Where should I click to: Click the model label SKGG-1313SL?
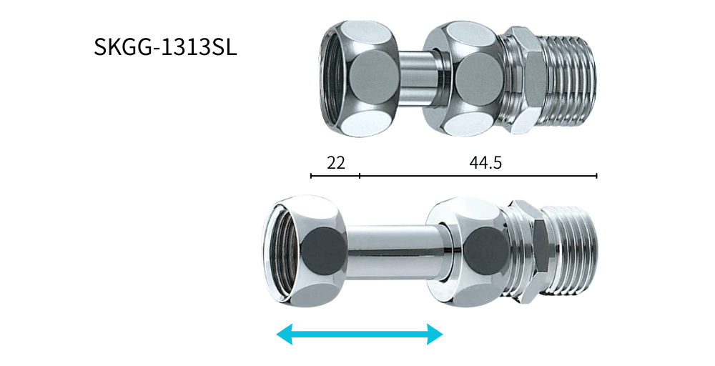pos(166,47)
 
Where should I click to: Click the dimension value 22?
pos(335,163)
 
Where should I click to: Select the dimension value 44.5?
pos(485,163)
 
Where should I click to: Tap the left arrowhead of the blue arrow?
pos(284,335)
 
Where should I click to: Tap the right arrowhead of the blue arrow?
pos(435,335)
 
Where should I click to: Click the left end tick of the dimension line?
pos(311,175)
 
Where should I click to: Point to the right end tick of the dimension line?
pos(596,175)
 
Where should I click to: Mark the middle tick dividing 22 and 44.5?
pos(360,175)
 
